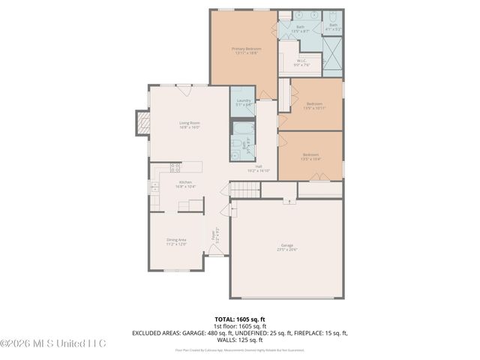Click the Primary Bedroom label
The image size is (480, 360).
pyautogui.click(x=244, y=51)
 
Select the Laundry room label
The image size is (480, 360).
pyautogui.click(x=243, y=102)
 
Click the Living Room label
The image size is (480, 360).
pyautogui.click(x=189, y=124)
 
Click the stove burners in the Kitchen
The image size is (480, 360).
pyautogui.click(x=175, y=168)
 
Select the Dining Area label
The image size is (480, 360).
pyautogui.click(x=176, y=241)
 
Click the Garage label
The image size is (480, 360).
pyautogui.click(x=286, y=247)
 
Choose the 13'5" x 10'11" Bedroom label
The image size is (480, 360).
pyautogui.click(x=313, y=105)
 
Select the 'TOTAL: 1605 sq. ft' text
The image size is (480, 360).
pyautogui.click(x=239, y=319)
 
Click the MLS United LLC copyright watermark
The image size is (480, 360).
pyautogui.click(x=53, y=343)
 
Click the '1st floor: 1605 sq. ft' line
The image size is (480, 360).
pyautogui.click(x=239, y=326)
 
